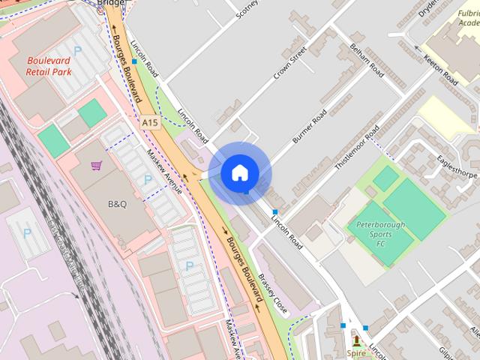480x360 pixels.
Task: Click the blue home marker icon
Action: (239, 173)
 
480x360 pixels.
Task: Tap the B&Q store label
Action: (118, 202)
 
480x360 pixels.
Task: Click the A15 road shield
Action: (149, 121)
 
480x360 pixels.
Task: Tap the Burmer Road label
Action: (309, 127)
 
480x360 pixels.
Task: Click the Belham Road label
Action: (367, 60)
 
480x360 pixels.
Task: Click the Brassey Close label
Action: (272, 292)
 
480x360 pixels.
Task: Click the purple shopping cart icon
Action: (96, 166)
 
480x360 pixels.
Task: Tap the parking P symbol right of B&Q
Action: (148, 180)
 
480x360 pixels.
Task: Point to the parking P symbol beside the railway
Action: (27, 234)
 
